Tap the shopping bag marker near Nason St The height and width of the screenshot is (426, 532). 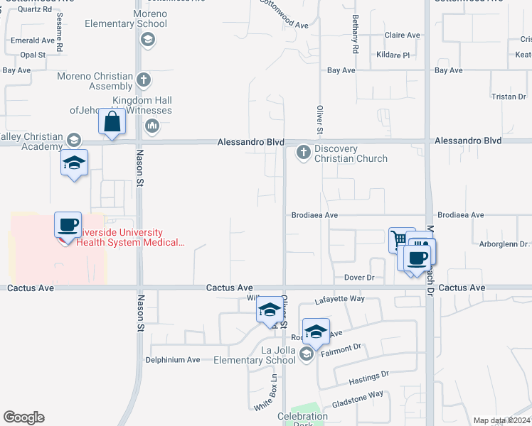[x=112, y=122]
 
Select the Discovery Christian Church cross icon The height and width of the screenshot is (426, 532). [x=304, y=151]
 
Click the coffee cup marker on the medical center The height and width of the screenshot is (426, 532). [x=68, y=226]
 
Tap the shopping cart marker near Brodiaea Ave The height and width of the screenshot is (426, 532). [x=400, y=239]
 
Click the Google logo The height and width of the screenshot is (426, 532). [x=23, y=417]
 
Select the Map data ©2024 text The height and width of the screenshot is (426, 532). [x=501, y=420]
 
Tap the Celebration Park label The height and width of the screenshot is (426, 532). [x=303, y=416]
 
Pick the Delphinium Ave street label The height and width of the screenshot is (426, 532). [x=173, y=360]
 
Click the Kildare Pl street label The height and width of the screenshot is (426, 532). [x=396, y=55]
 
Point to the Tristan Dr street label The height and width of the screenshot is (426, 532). [x=508, y=96]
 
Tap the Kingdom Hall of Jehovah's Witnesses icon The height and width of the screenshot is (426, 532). [x=151, y=126]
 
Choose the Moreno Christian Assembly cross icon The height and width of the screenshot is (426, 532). [x=144, y=80]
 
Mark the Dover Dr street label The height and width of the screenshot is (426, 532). [x=359, y=278]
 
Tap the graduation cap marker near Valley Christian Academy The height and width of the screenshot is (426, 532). [x=75, y=163]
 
